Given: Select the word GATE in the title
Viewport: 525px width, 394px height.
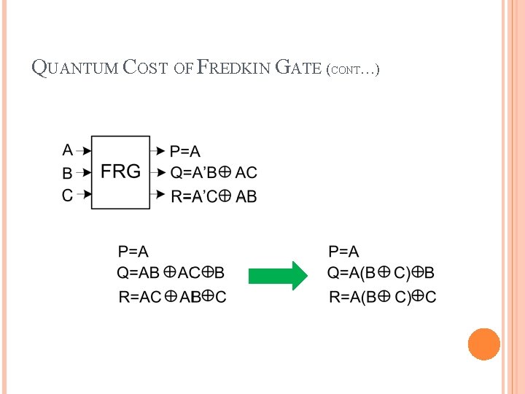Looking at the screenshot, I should click(299, 69).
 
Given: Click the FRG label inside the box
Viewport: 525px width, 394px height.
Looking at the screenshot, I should click(120, 172).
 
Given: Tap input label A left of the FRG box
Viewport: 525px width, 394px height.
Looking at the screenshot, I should click(68, 150).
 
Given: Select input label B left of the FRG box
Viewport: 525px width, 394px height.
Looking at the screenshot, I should click(68, 174).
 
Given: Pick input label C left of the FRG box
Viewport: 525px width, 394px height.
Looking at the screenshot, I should click(68, 195).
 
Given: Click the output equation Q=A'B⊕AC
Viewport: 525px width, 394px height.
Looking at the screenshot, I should click(214, 173).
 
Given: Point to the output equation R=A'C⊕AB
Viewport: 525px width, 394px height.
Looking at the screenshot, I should click(214, 196).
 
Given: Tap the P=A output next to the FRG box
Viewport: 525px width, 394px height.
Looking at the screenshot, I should click(185, 151).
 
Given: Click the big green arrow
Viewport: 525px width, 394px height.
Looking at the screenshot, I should click(279, 276).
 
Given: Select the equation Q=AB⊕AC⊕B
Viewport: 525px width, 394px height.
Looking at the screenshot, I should click(171, 273).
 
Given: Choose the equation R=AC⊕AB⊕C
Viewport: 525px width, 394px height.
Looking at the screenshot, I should click(172, 296).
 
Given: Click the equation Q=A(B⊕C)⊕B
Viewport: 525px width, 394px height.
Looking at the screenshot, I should click(381, 273).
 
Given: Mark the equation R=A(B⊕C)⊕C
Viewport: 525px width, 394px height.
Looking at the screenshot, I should click(383, 296).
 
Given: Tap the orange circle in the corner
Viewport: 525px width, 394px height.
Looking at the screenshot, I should click(483, 344).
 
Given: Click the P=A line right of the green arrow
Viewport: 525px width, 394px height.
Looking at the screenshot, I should click(343, 252).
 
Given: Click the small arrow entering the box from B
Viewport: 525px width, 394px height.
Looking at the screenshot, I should click(85, 174).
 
